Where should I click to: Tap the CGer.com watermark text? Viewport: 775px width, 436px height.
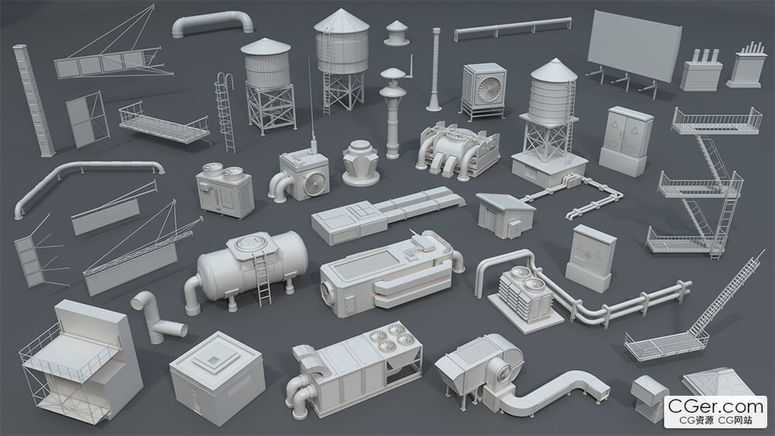(715, 407)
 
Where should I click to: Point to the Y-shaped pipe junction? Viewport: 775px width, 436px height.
(157, 318)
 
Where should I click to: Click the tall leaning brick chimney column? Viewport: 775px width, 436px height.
(33, 101)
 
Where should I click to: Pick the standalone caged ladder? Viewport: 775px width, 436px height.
(225, 112)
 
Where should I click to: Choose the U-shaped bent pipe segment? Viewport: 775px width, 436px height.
(212, 23)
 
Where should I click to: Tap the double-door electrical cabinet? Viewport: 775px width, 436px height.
(625, 141)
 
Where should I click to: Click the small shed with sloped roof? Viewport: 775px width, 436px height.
(505, 215)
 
